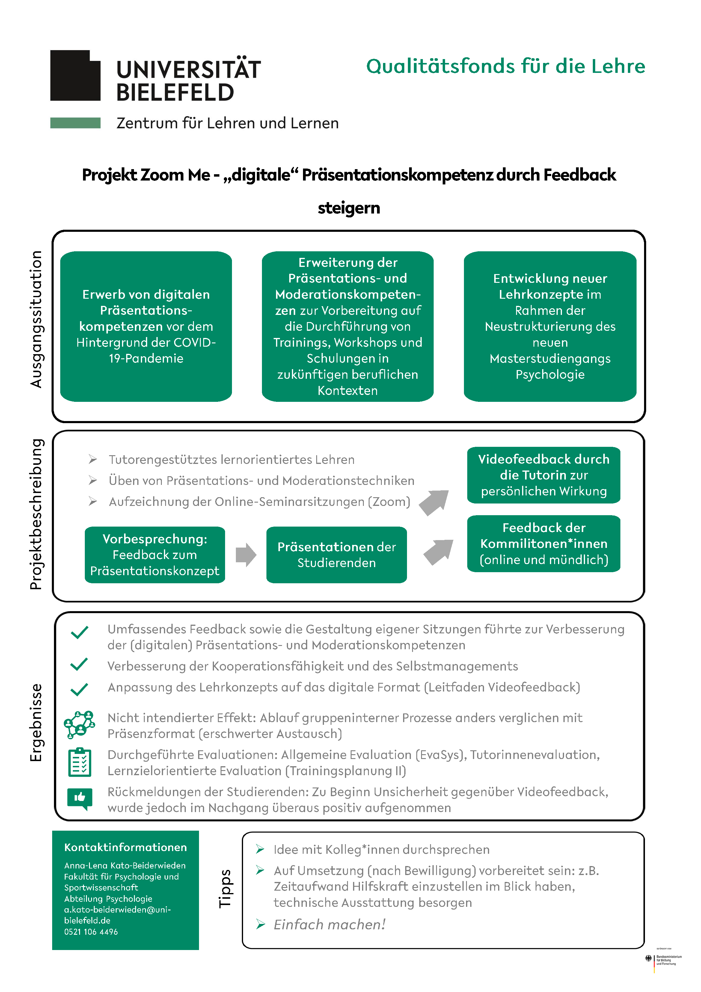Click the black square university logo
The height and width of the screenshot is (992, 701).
(75, 76)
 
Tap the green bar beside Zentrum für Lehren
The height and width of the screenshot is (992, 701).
(75, 123)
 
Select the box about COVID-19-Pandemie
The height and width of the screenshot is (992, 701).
(146, 327)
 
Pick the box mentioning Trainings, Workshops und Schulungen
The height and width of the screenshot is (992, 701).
(348, 327)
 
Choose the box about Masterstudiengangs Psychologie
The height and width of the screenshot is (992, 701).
(550, 327)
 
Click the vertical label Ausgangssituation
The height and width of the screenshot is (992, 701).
(36, 319)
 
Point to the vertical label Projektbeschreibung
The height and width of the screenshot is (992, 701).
(36, 514)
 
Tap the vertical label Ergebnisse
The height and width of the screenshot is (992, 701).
(36, 723)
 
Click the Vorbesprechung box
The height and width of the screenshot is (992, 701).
(155, 555)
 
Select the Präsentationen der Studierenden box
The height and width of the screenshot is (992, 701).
(337, 555)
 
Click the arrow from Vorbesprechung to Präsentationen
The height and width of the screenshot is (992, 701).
(246, 555)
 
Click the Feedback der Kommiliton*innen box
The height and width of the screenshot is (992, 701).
(544, 543)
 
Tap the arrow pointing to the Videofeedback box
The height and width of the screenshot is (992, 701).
(434, 503)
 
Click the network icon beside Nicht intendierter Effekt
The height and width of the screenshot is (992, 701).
(79, 725)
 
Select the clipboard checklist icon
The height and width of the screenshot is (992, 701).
(80, 763)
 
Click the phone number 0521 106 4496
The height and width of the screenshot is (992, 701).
(91, 932)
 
